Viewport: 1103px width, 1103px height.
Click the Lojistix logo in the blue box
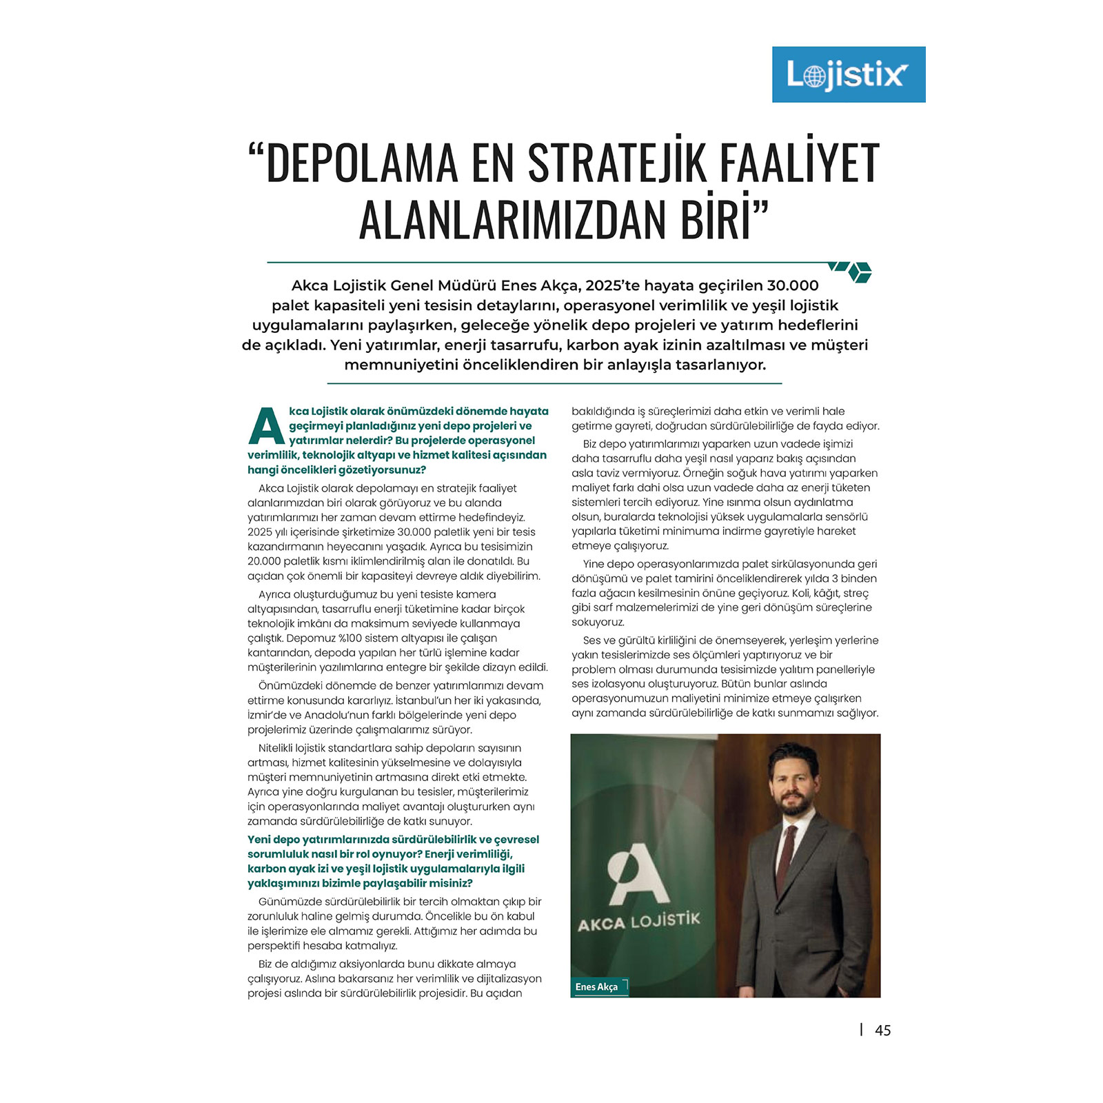point(848,74)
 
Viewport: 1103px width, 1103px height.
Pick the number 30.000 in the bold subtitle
point(793,285)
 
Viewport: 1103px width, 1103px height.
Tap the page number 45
point(882,1031)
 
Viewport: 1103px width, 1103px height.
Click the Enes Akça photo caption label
point(597,987)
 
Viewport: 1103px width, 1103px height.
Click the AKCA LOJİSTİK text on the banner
point(638,921)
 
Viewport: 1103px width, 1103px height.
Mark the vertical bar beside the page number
point(861,1029)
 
